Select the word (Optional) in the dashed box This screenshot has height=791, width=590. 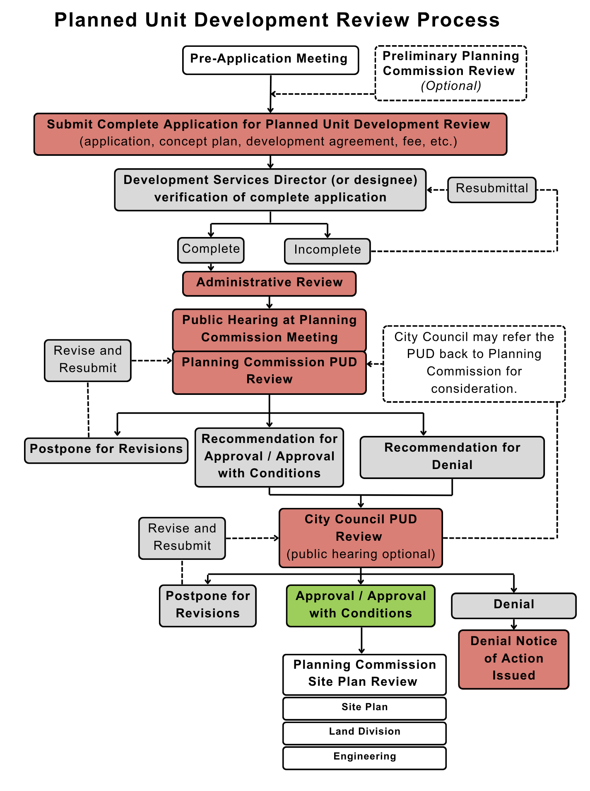point(451,86)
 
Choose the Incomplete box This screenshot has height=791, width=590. point(327,251)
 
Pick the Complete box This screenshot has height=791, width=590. point(211,250)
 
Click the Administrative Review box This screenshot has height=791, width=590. point(269,283)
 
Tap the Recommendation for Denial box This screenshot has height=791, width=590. point(452,457)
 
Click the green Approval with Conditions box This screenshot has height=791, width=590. point(360,605)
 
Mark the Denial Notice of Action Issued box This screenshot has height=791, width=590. point(513,659)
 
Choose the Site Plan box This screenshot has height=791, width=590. point(364,708)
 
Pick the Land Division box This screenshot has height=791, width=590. point(364,733)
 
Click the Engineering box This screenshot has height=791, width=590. point(364,757)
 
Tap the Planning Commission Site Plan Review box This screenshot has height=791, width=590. point(364,674)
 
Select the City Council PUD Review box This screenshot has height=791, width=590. point(361,537)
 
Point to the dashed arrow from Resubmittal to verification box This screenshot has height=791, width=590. point(437,190)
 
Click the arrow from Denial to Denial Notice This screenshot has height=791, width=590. point(514,624)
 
